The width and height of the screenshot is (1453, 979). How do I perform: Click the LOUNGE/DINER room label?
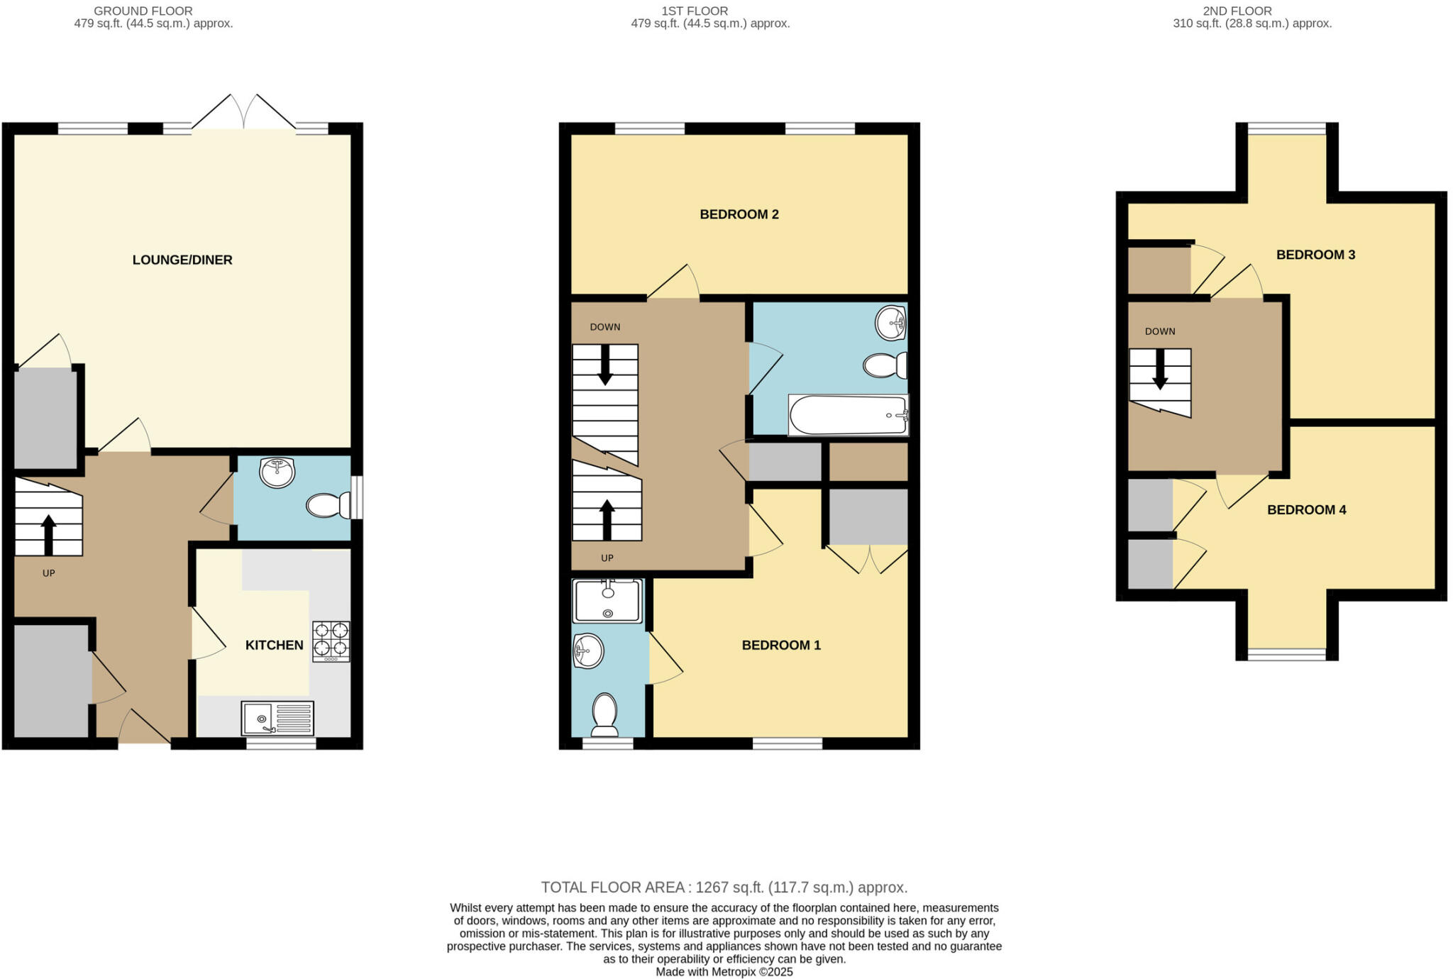[182, 260]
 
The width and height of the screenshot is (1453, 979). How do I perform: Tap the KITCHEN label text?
[274, 645]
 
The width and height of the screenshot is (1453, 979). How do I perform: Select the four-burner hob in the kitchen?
[331, 641]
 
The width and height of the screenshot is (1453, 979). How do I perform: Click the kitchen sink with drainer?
[277, 718]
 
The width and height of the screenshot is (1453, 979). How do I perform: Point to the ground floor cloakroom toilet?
[328, 505]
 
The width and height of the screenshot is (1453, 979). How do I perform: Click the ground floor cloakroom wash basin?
[277, 472]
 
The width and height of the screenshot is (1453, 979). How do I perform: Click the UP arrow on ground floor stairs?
[48, 533]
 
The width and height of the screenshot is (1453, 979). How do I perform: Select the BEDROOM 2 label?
[739, 214]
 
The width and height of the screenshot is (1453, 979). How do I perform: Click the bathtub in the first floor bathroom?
[848, 415]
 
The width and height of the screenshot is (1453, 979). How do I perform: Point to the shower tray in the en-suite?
[607, 601]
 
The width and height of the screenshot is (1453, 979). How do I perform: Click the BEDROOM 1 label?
[780, 645]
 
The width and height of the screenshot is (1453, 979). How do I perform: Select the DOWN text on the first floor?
[604, 327]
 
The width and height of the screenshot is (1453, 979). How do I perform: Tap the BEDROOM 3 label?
[1315, 255]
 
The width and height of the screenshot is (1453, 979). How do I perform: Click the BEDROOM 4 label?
[1306, 509]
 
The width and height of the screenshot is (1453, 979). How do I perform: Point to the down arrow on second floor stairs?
[1160, 370]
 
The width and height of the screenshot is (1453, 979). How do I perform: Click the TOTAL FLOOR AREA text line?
[724, 887]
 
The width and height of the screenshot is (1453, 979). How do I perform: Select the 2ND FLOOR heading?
[1237, 11]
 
